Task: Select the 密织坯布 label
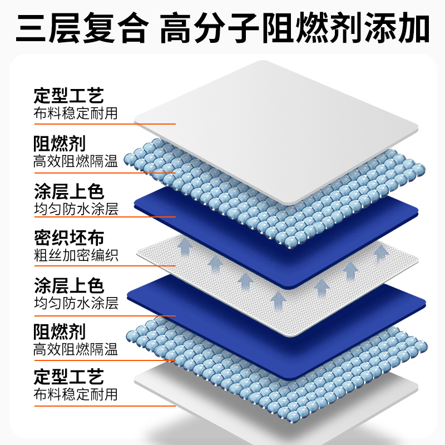tap(68, 238)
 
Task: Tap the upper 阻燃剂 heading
tap(60, 144)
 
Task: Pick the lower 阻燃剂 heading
tap(60, 332)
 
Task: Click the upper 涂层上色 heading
tap(68, 192)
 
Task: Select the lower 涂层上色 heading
tap(68, 286)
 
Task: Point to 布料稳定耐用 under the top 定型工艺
tap(76, 113)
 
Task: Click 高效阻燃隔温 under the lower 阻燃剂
tap(76, 349)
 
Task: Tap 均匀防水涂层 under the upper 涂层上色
tap(76, 209)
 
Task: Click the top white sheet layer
tap(278, 128)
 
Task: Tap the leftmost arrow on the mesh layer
tap(184, 245)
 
